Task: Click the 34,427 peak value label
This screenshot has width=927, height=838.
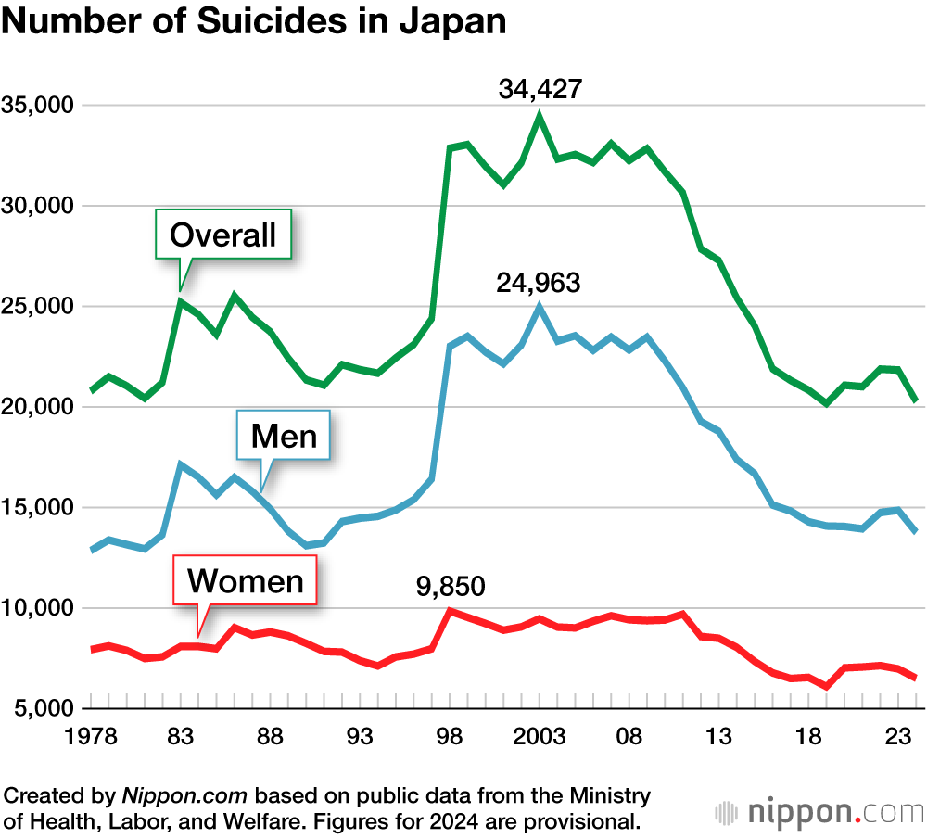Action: pyautogui.click(x=540, y=90)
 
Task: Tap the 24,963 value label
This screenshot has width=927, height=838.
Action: pyautogui.click(x=539, y=282)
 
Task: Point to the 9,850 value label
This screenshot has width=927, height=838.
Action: pyautogui.click(x=450, y=586)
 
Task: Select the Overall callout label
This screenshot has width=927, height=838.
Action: pyautogui.click(x=222, y=235)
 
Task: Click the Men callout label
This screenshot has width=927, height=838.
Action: pyautogui.click(x=284, y=435)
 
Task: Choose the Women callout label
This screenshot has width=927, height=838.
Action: pyautogui.click(x=246, y=580)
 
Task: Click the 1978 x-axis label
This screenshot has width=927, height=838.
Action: pyautogui.click(x=91, y=737)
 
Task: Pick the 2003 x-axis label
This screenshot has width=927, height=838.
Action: pyautogui.click(x=540, y=737)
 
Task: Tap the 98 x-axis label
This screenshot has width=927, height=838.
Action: pyautogui.click(x=450, y=737)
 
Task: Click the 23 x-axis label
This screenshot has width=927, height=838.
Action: pyautogui.click(x=897, y=737)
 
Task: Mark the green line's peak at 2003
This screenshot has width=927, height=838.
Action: pyautogui.click(x=540, y=116)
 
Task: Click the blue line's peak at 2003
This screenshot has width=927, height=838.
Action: pyautogui.click(x=540, y=307)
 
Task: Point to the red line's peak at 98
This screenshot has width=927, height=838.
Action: pyautogui.click(x=450, y=611)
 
